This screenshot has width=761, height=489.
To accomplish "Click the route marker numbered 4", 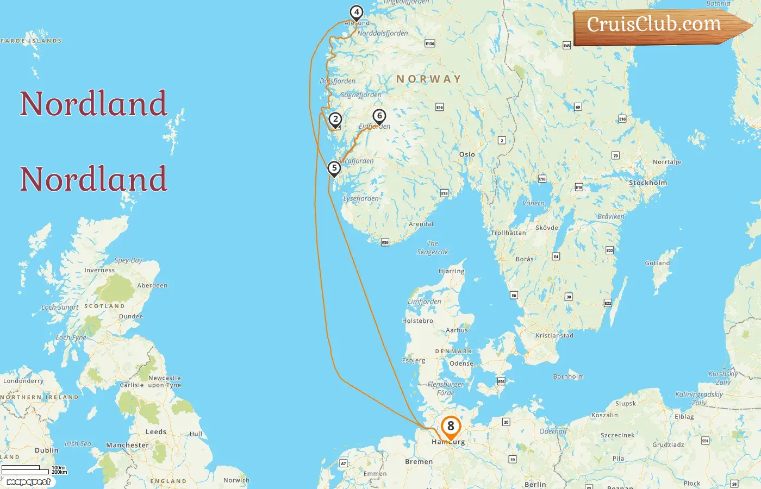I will [x=356, y=12].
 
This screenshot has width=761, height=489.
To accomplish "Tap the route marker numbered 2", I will [x=335, y=120].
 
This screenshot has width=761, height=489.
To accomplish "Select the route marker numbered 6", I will [x=379, y=116].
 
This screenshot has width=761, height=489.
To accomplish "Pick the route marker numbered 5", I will [x=334, y=168].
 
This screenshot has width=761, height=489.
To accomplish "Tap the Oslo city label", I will [x=467, y=154].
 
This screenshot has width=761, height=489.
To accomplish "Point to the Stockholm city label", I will [x=647, y=183].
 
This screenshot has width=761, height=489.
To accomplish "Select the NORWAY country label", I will [x=428, y=79].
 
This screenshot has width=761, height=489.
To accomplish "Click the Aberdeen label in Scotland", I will [x=152, y=285].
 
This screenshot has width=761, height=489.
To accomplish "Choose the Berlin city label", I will [x=535, y=484].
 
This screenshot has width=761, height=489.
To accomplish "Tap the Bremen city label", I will [x=419, y=461].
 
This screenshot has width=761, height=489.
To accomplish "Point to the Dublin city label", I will [x=47, y=450].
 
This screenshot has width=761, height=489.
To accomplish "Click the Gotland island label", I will [x=657, y=263].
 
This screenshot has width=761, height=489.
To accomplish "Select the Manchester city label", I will [x=127, y=445].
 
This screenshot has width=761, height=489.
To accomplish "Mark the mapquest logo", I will [x=28, y=481].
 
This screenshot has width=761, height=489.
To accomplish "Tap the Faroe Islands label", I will [x=32, y=41].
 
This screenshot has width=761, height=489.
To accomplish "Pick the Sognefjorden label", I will [x=361, y=95].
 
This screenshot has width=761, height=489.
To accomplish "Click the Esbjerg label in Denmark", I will [x=414, y=360].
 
